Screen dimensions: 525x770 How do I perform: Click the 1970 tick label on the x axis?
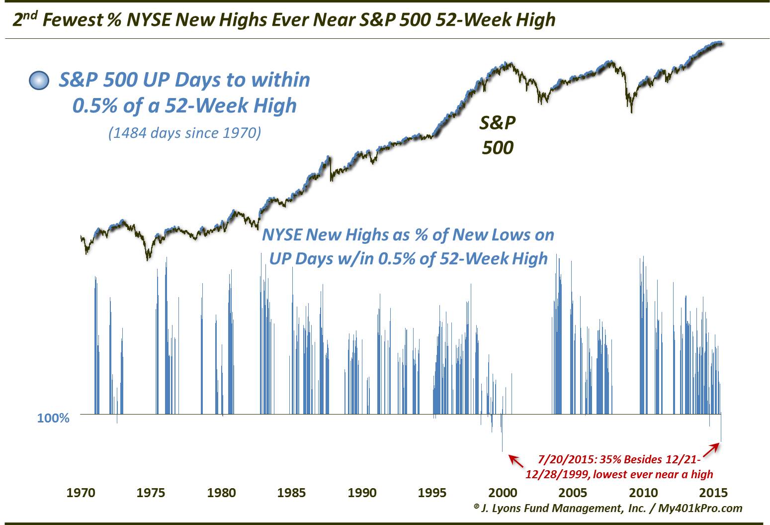coord(81,493)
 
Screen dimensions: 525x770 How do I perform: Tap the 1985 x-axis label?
coord(291,493)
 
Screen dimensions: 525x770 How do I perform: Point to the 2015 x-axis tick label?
coord(713,493)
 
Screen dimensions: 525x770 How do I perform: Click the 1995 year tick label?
coord(432,493)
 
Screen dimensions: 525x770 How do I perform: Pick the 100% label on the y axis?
coord(53,418)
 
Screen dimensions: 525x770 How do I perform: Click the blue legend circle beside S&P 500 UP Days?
coord(39,81)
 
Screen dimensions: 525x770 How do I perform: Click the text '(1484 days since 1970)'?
coord(184,133)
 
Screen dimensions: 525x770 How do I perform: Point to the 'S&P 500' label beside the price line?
coord(498,135)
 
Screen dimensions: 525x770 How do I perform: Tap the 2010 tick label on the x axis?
coord(643,493)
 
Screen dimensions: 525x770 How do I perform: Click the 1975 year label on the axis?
coord(151,493)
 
